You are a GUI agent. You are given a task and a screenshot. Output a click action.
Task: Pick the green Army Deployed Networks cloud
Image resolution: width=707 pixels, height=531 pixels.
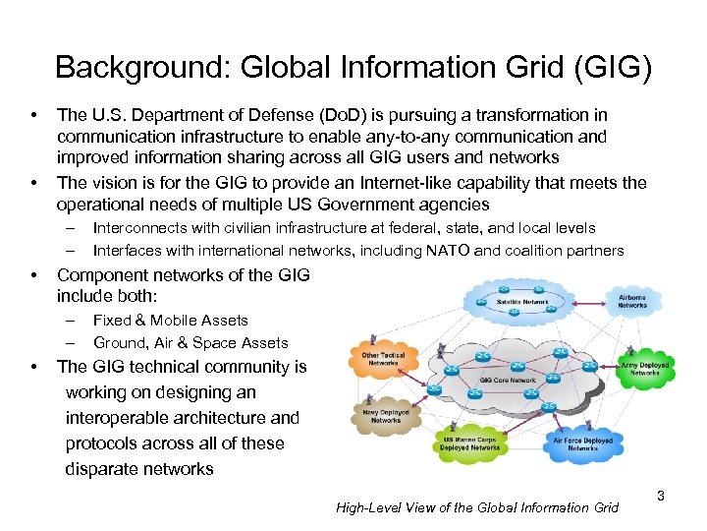pos(644,369)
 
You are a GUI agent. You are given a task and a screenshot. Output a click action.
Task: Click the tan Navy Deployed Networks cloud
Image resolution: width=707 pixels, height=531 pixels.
pos(386,416)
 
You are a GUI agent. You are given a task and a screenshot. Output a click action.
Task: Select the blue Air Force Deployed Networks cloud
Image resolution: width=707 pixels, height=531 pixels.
pos(583,443)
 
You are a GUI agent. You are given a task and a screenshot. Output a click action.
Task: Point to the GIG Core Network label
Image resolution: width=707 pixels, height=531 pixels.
pos(507,380)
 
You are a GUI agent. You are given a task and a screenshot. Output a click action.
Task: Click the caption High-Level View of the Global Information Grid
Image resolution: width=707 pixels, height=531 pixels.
pos(477,507)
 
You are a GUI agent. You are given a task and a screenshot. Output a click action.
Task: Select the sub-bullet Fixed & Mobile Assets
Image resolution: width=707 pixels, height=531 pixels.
pos(170,320)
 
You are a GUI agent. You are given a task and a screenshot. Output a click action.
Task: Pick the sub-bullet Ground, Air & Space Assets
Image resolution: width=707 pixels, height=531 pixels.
pos(190,342)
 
